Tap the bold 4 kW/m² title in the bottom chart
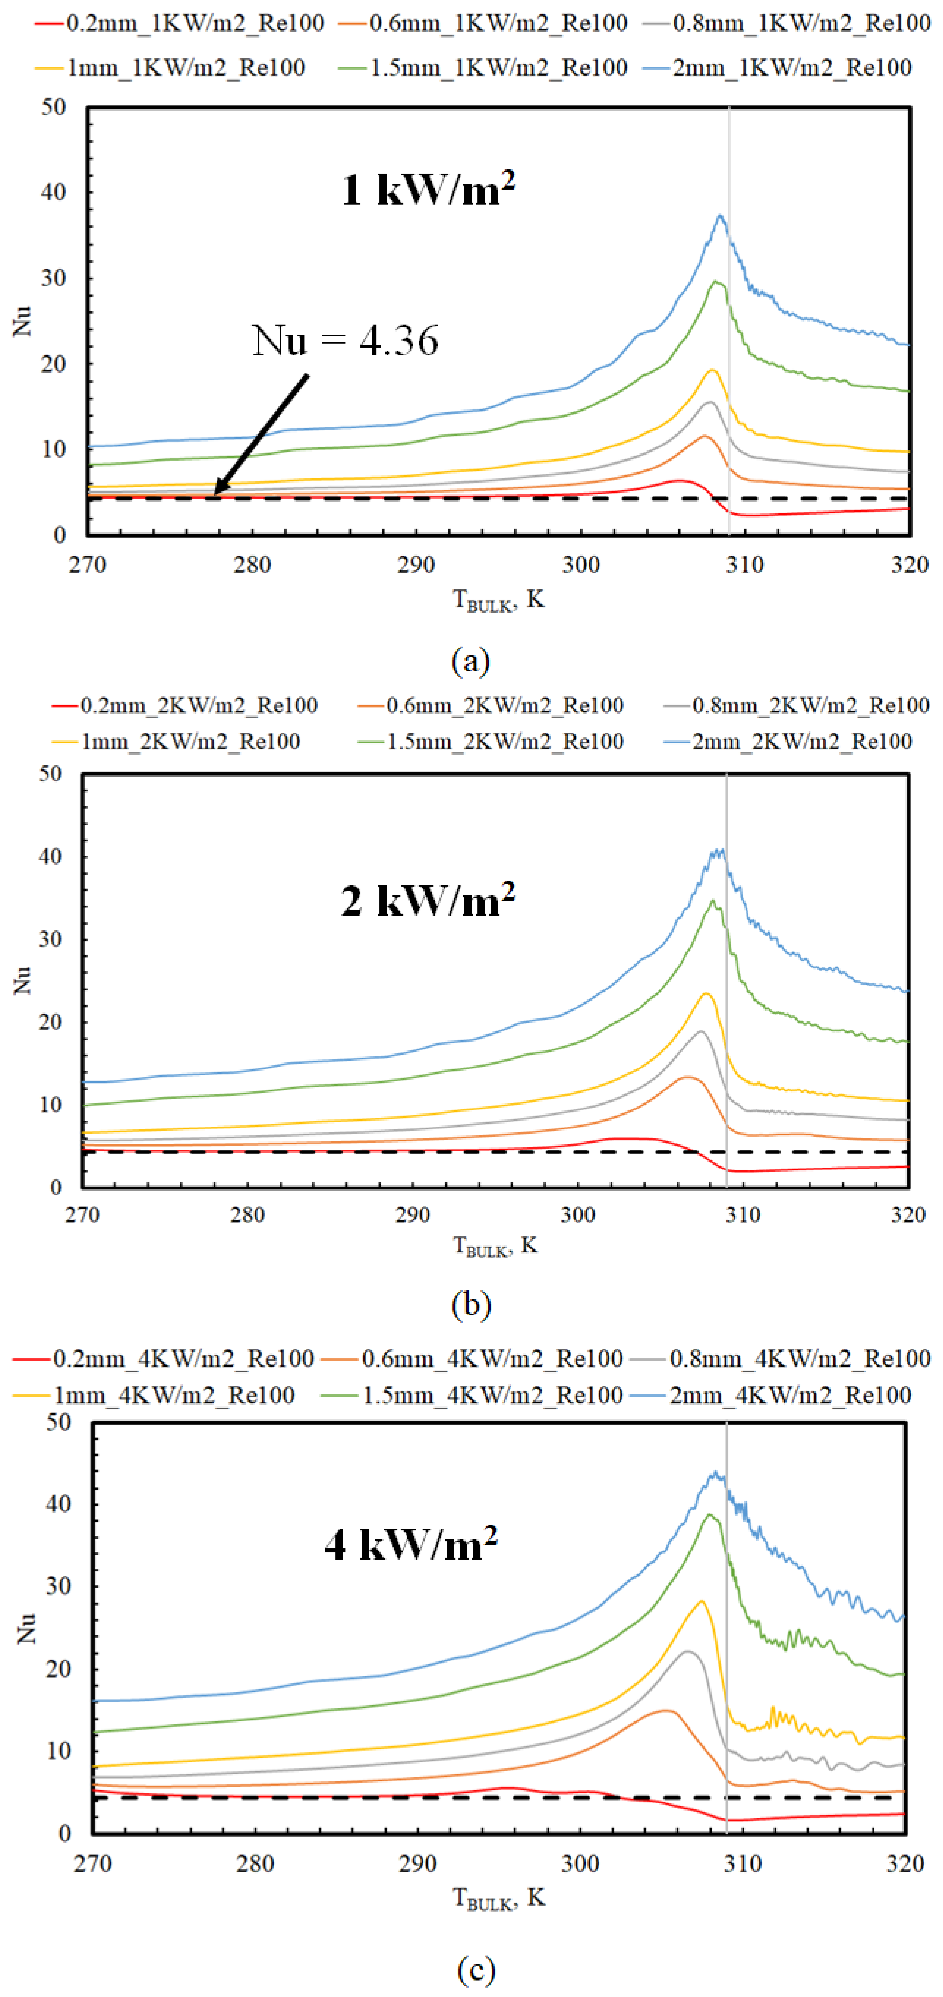(411, 1544)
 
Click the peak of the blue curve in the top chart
(721, 216)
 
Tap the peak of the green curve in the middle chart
(713, 901)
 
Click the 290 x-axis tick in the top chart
(417, 565)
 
